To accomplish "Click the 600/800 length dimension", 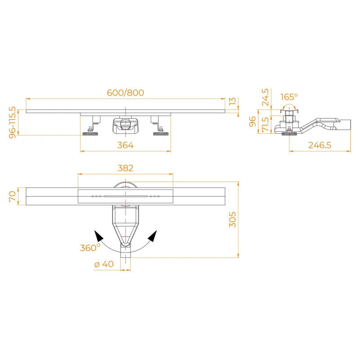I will pos(125,93).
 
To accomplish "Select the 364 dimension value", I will pos(126,145).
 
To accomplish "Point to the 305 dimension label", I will pos(232,219).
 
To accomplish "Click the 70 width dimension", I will pos(13,196).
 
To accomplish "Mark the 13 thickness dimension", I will pos(232,101).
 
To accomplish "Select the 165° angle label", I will pos(288,97).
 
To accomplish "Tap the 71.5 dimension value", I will pos(265,125).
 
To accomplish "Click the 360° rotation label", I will pos(90,247).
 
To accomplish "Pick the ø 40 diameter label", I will pos(104,264).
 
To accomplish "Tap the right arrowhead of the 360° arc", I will pos(153,235).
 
